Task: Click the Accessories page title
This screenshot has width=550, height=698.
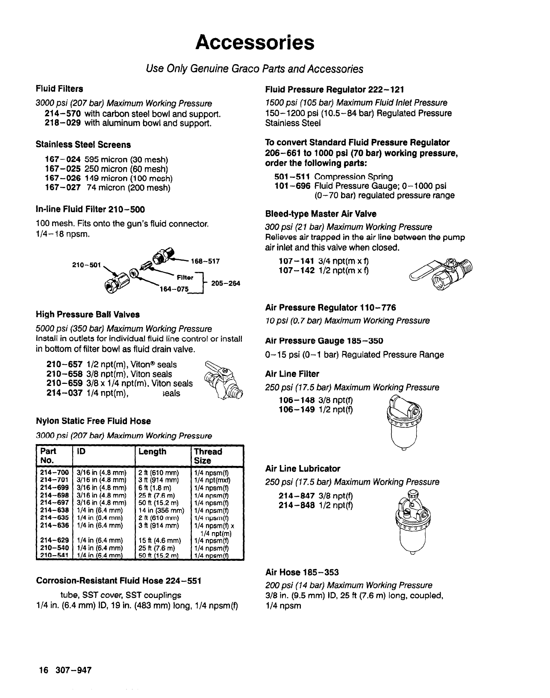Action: (x=255, y=43)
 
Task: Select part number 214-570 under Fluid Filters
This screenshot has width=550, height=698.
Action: (x=63, y=114)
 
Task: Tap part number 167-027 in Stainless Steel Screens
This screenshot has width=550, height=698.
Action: (x=63, y=188)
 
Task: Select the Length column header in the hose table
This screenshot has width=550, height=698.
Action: (x=153, y=452)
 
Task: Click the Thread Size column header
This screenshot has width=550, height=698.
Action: (x=208, y=456)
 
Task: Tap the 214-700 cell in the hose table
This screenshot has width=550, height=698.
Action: (x=54, y=473)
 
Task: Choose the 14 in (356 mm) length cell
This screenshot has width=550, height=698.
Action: (x=161, y=510)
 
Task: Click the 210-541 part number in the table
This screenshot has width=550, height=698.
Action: (x=54, y=555)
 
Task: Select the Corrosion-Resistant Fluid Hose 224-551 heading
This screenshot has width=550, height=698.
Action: (x=118, y=581)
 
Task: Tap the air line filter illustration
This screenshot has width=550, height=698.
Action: (x=403, y=421)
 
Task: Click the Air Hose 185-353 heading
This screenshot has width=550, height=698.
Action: (x=302, y=572)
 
